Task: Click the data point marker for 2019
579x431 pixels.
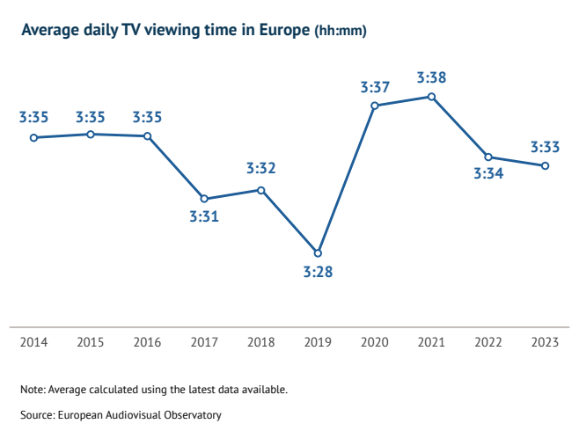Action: pos(319,253)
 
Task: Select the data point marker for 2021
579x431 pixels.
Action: pos(431,96)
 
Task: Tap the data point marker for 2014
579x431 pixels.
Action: pos(33,137)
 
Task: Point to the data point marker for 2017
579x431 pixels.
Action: pos(204,199)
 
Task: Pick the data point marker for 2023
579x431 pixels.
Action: pos(546,165)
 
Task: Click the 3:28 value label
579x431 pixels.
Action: pos(319,273)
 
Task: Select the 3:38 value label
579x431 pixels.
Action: pos(431,77)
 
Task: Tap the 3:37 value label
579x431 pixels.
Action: pos(375,87)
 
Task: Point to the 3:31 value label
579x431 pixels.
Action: pos(204,217)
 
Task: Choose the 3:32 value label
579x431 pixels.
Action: pos(261,168)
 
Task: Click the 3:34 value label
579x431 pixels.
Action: pos(488,174)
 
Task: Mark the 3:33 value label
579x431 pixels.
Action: pos(546,147)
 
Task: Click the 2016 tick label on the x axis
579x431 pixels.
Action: pos(147,342)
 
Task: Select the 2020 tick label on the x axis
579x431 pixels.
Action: pos(375,342)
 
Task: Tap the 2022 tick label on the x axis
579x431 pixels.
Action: pos(488,342)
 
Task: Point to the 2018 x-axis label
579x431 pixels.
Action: pos(261,342)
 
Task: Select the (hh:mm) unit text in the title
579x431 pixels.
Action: pos(341,32)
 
